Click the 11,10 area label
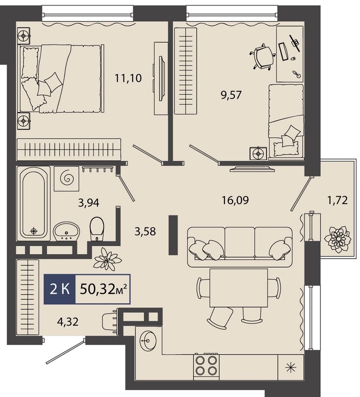[128, 78]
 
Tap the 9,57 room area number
[231, 95]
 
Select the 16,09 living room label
[235, 200]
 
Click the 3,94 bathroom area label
[89, 203]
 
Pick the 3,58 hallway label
[145, 231]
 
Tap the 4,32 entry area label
[68, 322]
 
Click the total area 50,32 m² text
[103, 289]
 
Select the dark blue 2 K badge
[60, 289]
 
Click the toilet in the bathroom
[97, 228]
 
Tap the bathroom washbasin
[67, 231]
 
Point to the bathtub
[33, 202]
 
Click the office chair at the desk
[263, 57]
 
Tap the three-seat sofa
[240, 247]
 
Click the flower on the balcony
[337, 239]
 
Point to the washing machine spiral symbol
[67, 179]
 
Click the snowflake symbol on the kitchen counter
[290, 367]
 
